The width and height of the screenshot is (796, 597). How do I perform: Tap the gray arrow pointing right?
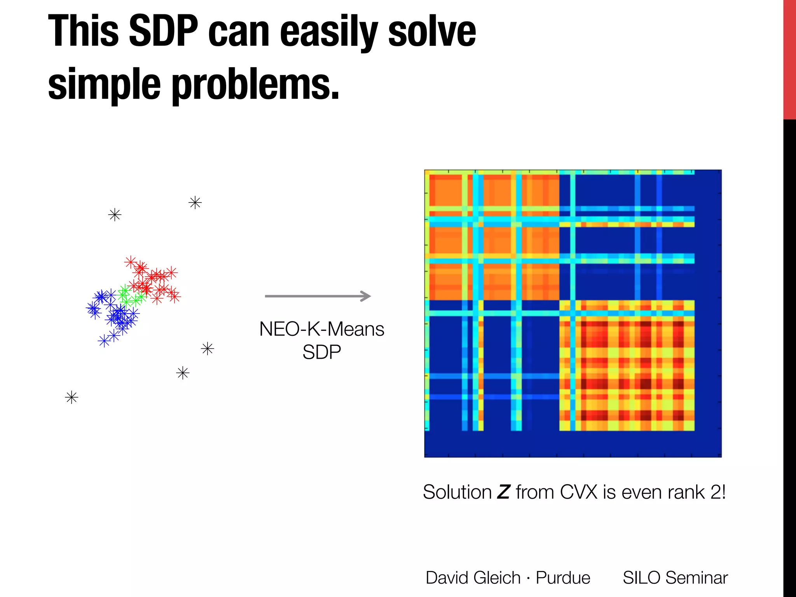(x=318, y=296)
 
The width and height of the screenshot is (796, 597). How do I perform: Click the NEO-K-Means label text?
(x=321, y=329)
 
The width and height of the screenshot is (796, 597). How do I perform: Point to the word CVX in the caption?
(x=578, y=492)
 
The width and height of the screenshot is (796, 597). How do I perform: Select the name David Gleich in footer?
(x=473, y=578)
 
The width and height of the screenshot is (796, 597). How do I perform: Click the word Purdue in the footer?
(x=563, y=578)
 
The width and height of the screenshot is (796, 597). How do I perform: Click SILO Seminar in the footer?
(x=675, y=578)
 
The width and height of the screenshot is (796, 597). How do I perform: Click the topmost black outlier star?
(x=195, y=202)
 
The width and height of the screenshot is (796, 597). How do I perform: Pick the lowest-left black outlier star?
(x=72, y=397)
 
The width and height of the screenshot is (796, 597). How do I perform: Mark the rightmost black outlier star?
(x=208, y=349)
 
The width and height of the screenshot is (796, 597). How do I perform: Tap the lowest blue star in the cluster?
(x=104, y=341)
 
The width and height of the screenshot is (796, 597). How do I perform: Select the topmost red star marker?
(x=131, y=262)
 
